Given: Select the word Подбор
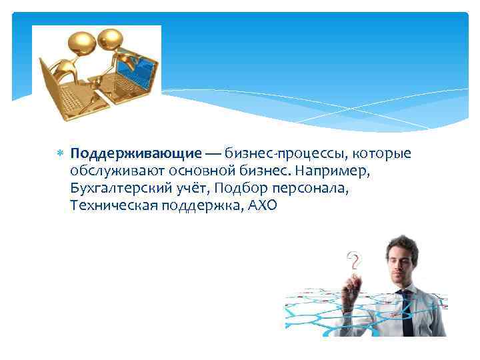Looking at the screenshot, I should click(239, 189).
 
